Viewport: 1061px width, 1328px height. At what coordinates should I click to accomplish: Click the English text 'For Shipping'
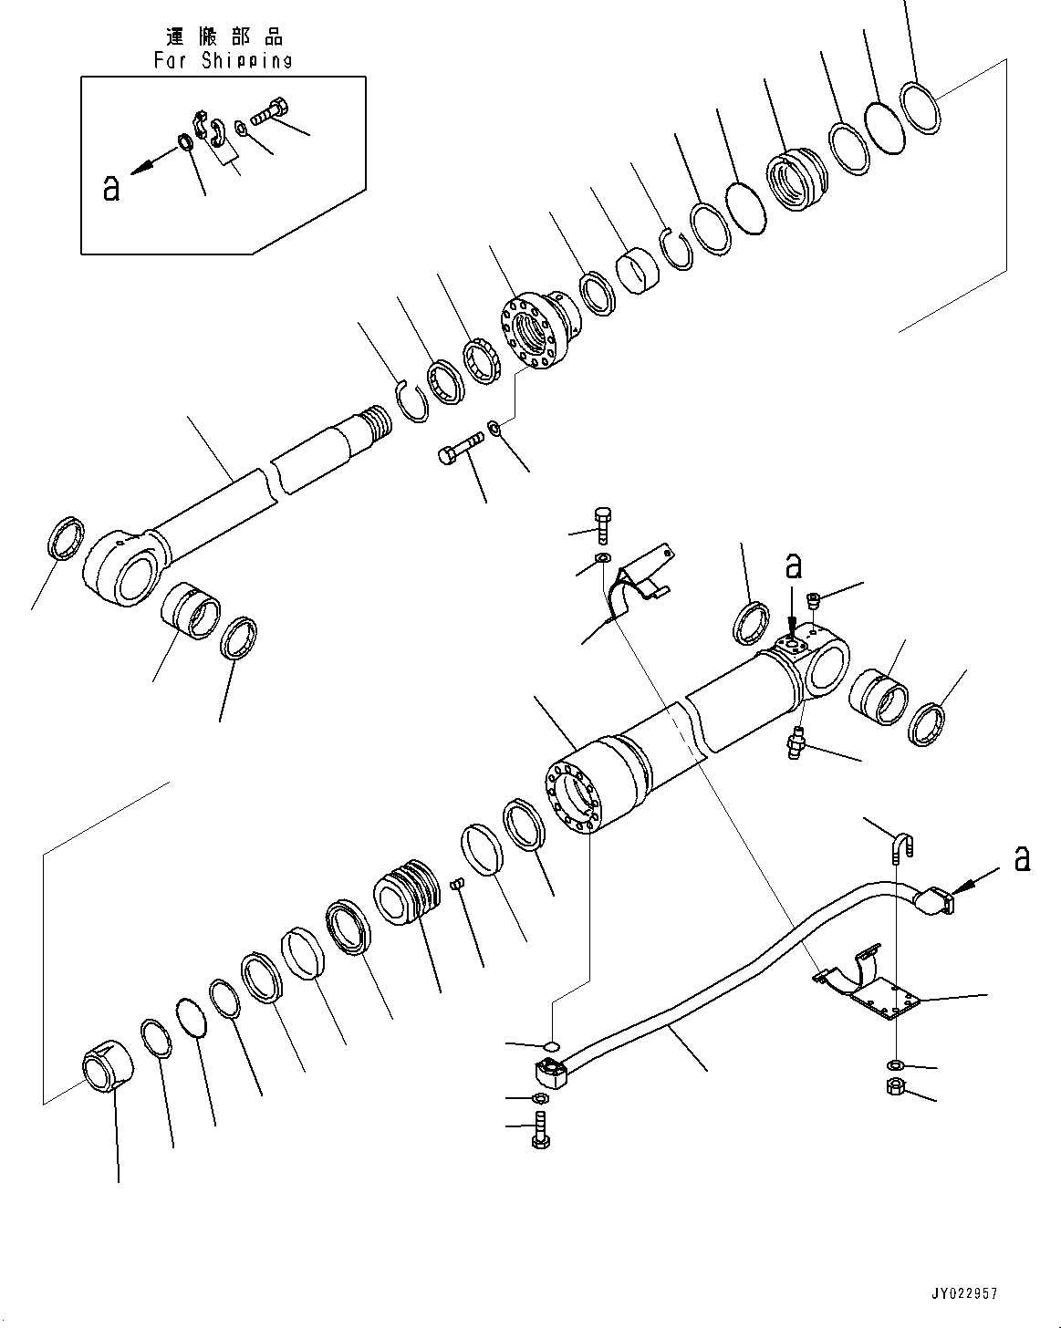(x=223, y=60)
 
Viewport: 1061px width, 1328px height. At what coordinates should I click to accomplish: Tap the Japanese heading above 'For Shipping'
(x=224, y=37)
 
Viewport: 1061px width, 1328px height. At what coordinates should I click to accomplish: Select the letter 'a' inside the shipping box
(x=111, y=188)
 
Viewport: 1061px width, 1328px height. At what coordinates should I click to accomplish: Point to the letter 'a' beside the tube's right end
(x=1022, y=857)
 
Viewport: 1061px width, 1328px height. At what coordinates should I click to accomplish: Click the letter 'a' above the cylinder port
(x=794, y=566)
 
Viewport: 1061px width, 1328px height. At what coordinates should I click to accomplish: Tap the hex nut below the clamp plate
(x=896, y=1086)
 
